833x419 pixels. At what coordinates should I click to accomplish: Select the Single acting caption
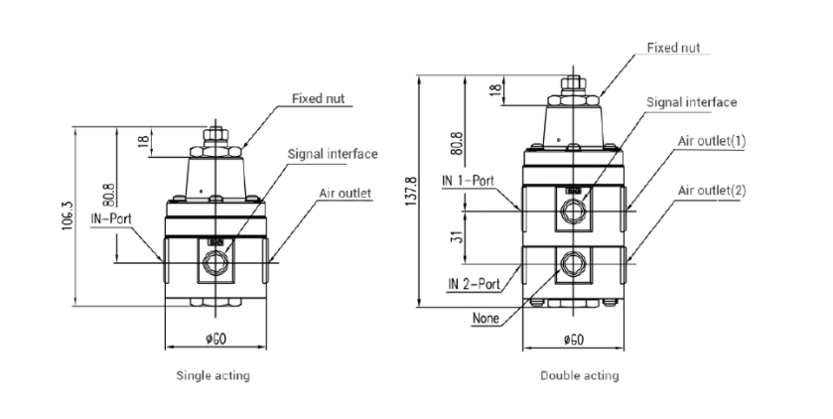pyautogui.click(x=212, y=376)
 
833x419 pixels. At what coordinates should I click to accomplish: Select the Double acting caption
pyautogui.click(x=579, y=376)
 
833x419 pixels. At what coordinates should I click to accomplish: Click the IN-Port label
pyautogui.click(x=112, y=214)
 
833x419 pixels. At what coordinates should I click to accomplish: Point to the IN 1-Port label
pyautogui.click(x=469, y=182)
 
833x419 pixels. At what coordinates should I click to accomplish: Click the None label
pyautogui.click(x=486, y=319)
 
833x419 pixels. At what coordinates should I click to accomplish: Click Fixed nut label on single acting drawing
pyautogui.click(x=318, y=98)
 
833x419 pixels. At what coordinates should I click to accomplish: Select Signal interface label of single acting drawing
pyautogui.click(x=332, y=154)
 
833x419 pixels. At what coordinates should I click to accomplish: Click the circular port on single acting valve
pyautogui.click(x=214, y=263)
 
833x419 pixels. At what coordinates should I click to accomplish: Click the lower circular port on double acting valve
pyautogui.click(x=571, y=263)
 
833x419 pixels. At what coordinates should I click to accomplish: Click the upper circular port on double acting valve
pyautogui.click(x=571, y=210)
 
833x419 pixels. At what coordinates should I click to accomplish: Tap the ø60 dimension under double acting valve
pyautogui.click(x=573, y=340)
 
